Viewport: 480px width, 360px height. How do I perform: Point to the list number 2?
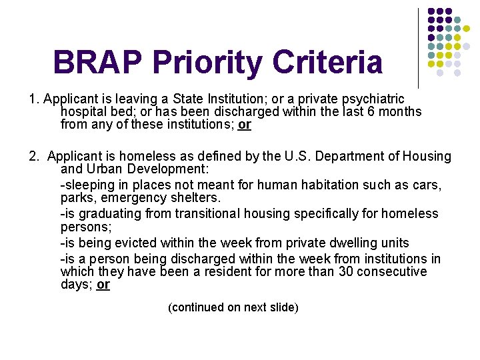(33, 157)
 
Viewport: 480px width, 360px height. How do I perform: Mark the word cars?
(425, 185)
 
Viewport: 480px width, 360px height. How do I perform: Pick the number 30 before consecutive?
(344, 271)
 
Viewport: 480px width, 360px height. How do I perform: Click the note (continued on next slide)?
(233, 307)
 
